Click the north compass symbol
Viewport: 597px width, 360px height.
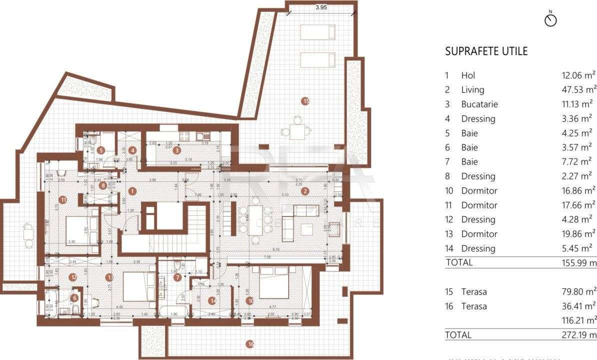550,20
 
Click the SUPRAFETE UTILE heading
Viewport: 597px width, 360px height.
486,51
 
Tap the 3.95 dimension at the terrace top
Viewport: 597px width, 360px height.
320,7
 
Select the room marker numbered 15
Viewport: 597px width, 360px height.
305,101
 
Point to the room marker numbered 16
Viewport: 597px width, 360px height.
250,343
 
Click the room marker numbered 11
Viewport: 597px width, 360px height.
62,199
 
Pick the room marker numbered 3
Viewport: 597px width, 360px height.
176,149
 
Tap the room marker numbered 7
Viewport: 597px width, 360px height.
176,277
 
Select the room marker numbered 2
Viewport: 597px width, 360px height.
305,190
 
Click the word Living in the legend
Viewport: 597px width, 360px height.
472,90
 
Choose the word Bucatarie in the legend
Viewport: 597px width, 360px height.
479,104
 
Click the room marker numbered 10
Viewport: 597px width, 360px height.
250,300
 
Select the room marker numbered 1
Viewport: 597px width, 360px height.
132,190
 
